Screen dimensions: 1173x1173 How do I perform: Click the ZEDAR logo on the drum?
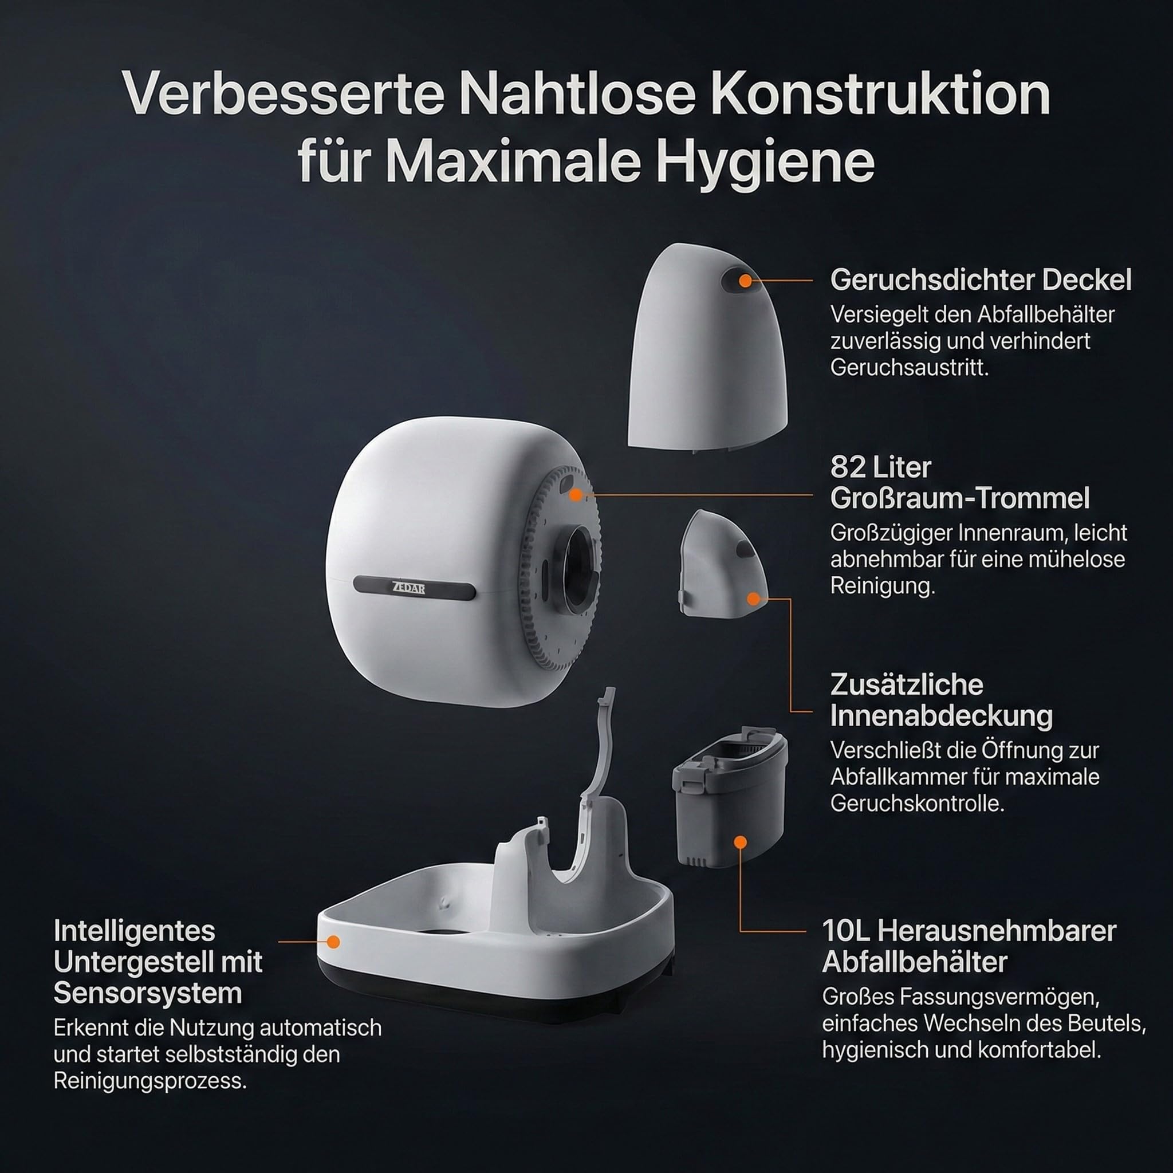click(x=408, y=588)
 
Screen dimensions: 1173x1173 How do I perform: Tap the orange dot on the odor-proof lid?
click(x=746, y=281)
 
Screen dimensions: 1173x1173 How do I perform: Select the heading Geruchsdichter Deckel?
click(x=981, y=280)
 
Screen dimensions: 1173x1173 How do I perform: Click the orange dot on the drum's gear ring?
click(x=575, y=495)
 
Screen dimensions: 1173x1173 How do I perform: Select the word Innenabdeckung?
click(x=941, y=717)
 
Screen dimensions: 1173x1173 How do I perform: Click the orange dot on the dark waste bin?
click(x=739, y=842)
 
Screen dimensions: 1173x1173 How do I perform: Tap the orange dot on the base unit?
click(x=333, y=942)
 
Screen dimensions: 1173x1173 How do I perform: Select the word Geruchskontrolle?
click(x=918, y=803)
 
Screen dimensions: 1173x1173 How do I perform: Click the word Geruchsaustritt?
click(x=910, y=368)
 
